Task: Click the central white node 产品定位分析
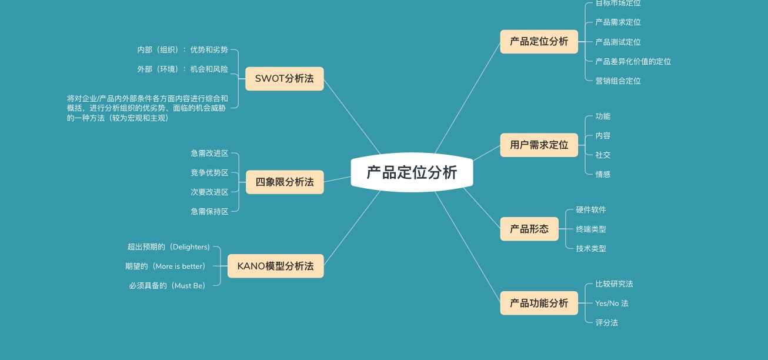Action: tap(412, 172)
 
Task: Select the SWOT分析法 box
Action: tap(285, 79)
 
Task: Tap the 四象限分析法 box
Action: tap(285, 182)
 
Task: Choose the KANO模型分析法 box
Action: tap(276, 266)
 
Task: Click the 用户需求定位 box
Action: tap(539, 145)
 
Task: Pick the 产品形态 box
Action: tap(529, 229)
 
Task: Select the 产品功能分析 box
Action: tap(539, 303)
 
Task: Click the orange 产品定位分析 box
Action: tap(539, 42)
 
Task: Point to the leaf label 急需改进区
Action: tap(209, 154)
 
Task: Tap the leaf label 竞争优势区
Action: tap(209, 172)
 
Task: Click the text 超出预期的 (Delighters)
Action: tap(169, 247)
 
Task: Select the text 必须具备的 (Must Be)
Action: tap(168, 286)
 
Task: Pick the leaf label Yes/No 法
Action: tap(612, 304)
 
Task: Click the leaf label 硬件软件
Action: tap(591, 210)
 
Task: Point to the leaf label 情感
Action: tap(603, 175)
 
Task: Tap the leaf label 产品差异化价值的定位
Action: tap(633, 62)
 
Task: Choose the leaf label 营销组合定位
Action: tap(618, 81)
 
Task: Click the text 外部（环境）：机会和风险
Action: tap(183, 69)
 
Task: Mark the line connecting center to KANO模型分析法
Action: tap(352, 228)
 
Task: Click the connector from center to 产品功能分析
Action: tap(468, 247)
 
